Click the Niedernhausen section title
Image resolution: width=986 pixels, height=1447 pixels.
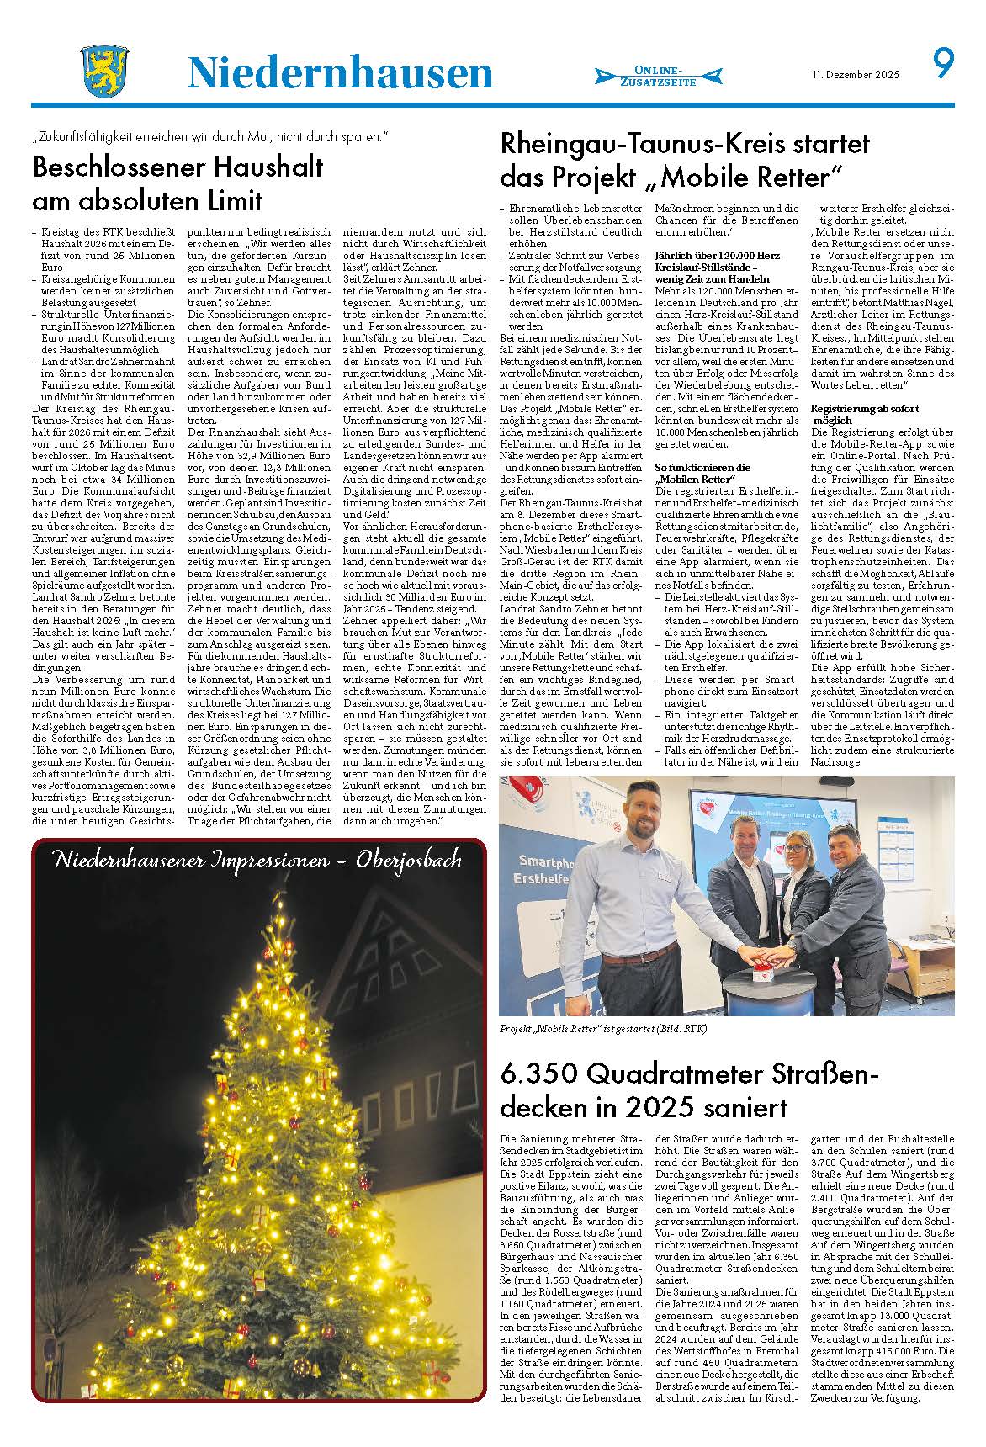click(x=340, y=73)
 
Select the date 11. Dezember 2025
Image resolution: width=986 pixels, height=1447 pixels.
click(x=856, y=75)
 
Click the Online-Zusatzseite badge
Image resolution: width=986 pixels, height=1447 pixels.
click(x=658, y=76)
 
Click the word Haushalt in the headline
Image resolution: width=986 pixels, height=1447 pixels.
click(x=270, y=167)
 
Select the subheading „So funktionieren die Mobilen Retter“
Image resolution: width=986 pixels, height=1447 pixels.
click(x=702, y=473)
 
